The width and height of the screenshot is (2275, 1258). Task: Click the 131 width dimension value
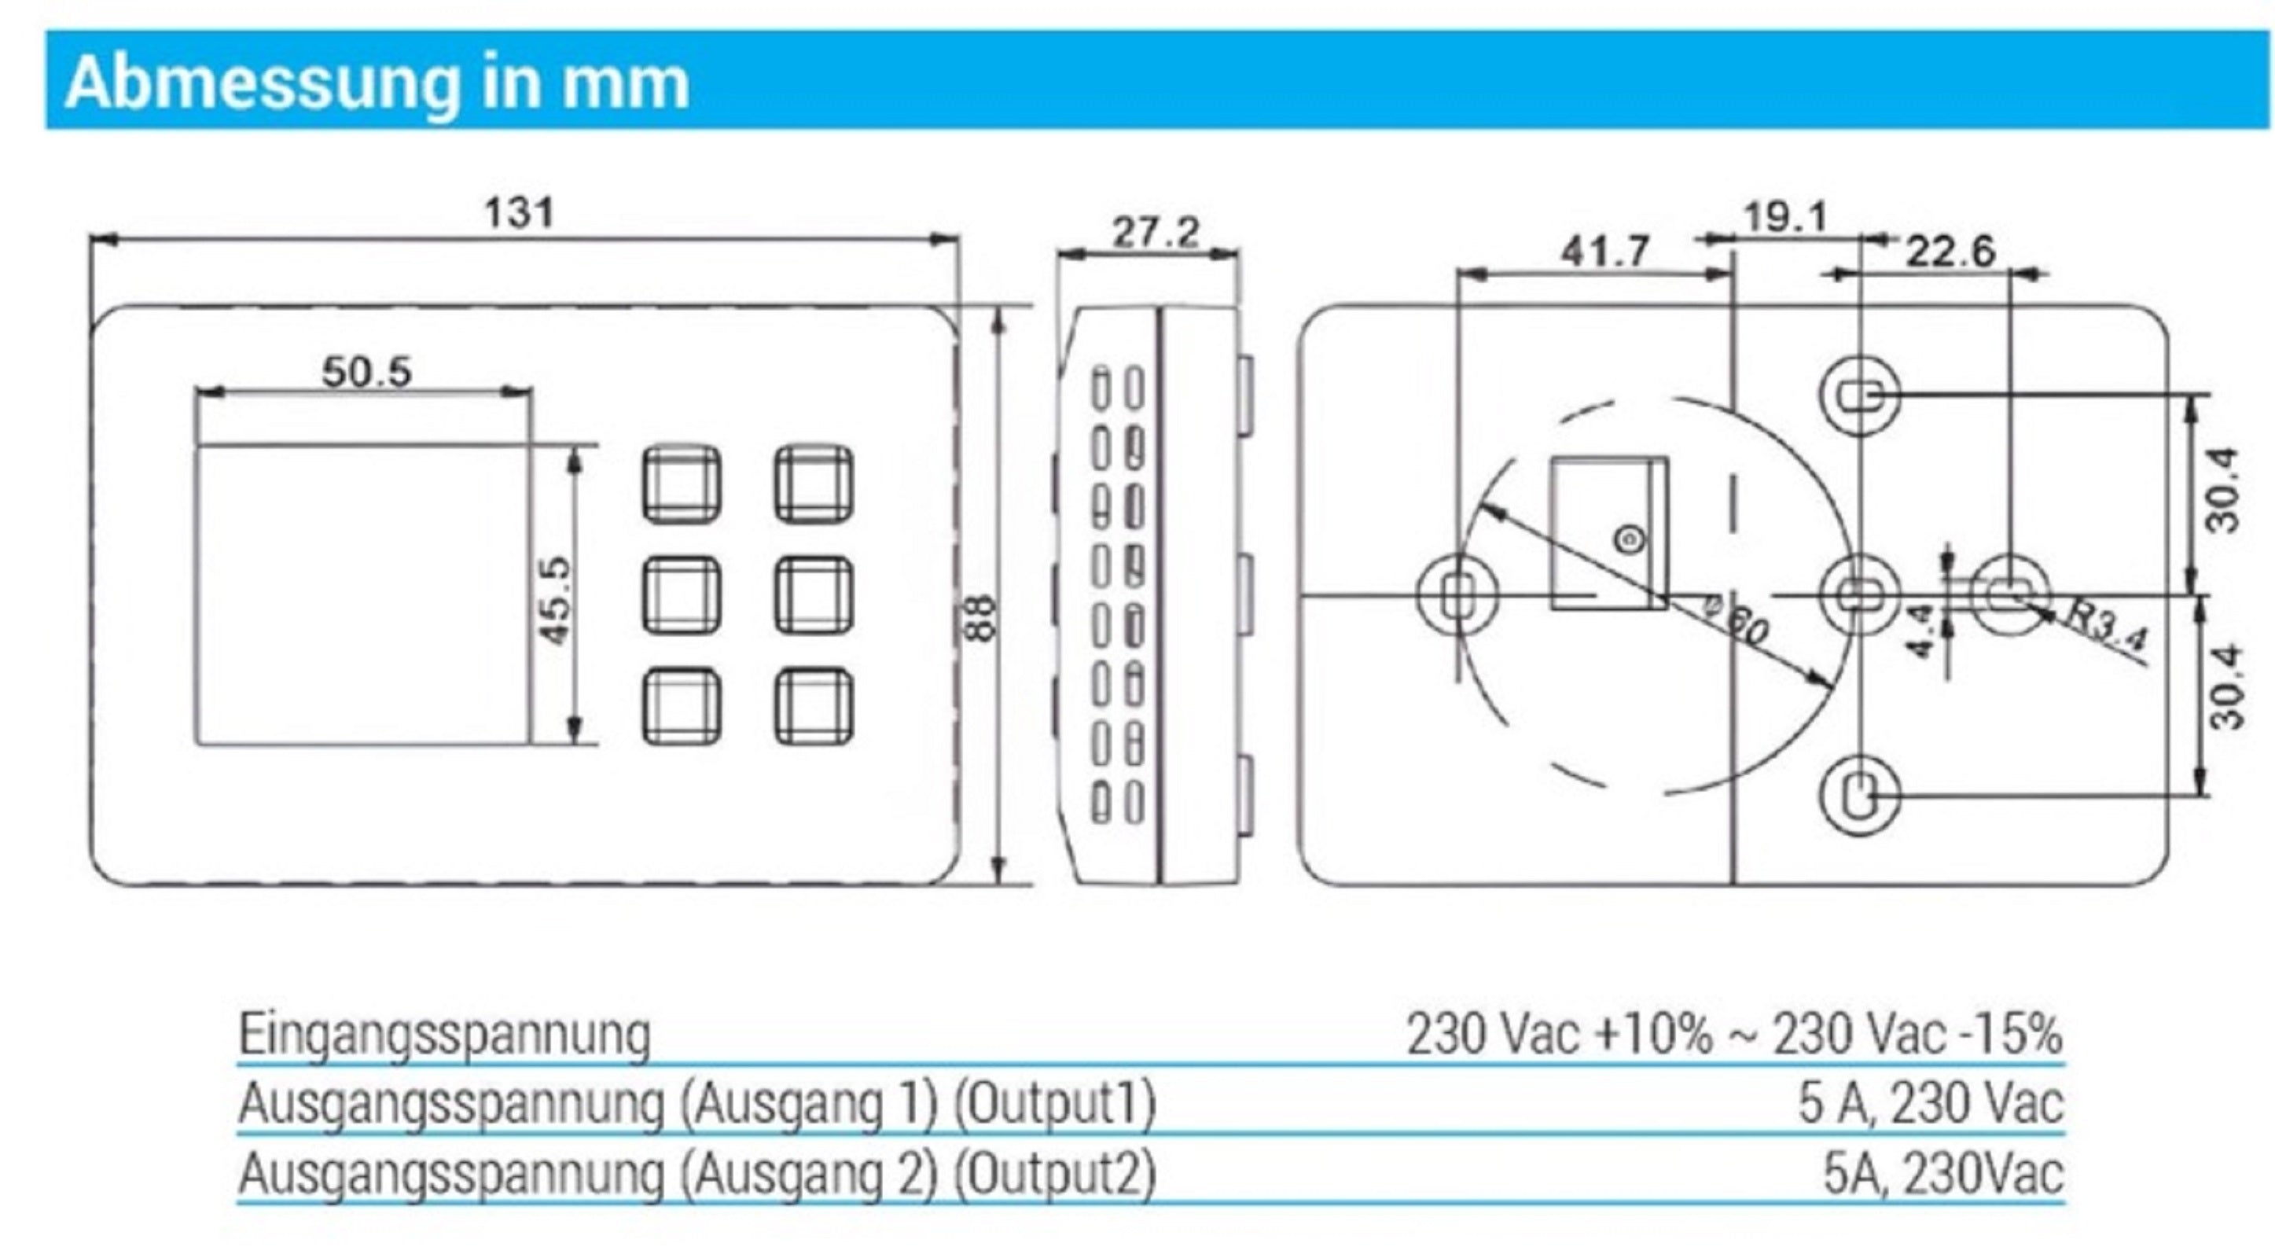(x=520, y=213)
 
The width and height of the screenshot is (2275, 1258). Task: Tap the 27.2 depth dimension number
(x=1156, y=234)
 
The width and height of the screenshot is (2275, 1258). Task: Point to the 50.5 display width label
(x=366, y=372)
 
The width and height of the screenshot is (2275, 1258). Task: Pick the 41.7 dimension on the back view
(x=1604, y=252)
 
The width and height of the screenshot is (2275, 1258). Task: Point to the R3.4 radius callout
(x=2106, y=628)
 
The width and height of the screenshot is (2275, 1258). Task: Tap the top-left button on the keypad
(x=681, y=484)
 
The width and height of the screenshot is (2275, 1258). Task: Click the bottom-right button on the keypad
(x=814, y=707)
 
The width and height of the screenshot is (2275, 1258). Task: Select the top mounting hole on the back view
(x=1860, y=394)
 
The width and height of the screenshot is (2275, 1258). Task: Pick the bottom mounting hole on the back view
(x=1860, y=796)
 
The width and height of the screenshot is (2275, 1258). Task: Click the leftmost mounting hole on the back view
(x=1457, y=594)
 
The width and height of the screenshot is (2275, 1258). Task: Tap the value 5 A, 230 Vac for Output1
(x=1931, y=1103)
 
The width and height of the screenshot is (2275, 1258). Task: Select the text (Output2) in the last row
(x=1057, y=1174)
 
